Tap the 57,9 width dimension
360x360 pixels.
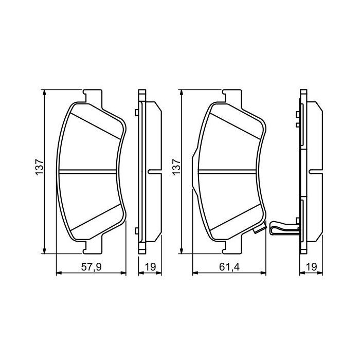[x=91, y=267]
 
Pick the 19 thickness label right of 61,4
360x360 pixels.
[x=311, y=267]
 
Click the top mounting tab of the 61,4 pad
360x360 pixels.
[x=231, y=96]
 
